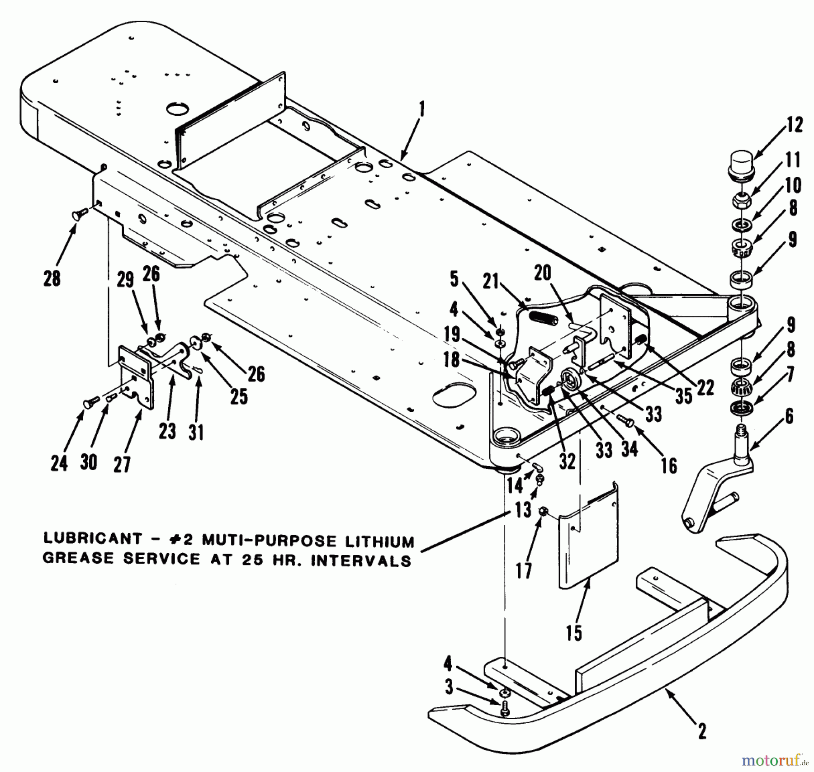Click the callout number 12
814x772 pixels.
click(794, 125)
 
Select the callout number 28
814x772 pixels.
click(52, 278)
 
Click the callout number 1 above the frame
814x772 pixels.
click(422, 110)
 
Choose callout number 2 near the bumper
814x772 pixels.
click(702, 731)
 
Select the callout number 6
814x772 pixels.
click(789, 416)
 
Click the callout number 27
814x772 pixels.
click(122, 464)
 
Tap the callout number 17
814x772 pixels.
click(524, 571)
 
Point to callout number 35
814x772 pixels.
click(684, 396)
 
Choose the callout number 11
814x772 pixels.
click(793, 160)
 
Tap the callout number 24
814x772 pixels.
click(59, 463)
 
